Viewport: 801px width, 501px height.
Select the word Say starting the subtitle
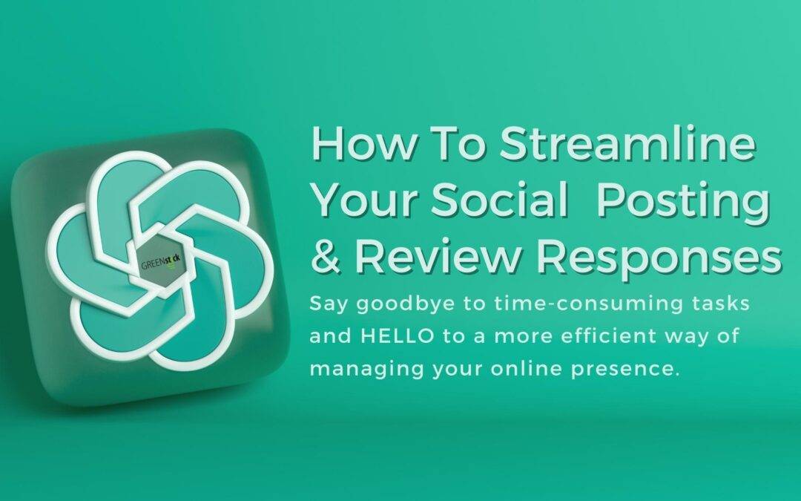[x=326, y=304]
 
